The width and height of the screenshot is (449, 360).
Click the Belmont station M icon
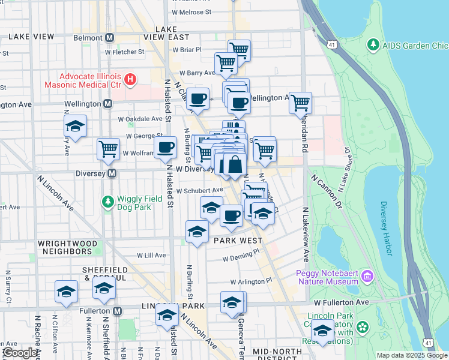click(x=110, y=37)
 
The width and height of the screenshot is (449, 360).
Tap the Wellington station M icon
click(x=108, y=104)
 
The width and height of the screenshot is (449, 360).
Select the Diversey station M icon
click(x=111, y=173)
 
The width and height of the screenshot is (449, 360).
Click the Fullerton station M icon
click(x=118, y=311)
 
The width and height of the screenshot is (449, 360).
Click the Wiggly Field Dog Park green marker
click(x=108, y=202)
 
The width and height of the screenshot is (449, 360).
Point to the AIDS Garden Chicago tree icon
click(x=373, y=45)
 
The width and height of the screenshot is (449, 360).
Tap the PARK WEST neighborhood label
click(x=238, y=241)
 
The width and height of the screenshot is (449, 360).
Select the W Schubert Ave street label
click(x=187, y=190)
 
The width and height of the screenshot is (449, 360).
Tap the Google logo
click(x=20, y=353)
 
